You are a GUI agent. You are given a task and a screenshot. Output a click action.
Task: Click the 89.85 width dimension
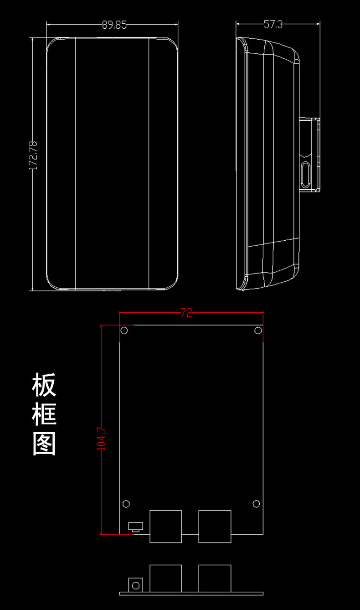click(x=114, y=25)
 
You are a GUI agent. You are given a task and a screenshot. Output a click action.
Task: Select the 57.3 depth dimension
click(x=273, y=25)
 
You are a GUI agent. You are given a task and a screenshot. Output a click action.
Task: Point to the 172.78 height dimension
click(x=33, y=155)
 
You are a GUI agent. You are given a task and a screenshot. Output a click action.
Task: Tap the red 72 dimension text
click(x=186, y=313)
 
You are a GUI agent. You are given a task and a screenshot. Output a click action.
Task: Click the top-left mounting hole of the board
click(x=125, y=331)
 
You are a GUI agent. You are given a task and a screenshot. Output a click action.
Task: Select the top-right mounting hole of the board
click(x=258, y=330)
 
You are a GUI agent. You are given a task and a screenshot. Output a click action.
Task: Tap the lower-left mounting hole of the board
click(x=126, y=503)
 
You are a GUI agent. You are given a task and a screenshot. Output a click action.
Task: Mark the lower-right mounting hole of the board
click(x=256, y=503)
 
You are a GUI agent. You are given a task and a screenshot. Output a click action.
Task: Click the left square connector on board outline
click(x=166, y=526)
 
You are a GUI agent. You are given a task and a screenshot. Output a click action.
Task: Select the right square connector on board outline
click(x=215, y=526)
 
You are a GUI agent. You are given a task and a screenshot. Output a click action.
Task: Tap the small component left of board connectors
click(x=135, y=527)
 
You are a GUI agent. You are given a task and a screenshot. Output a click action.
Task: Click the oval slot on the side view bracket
click(x=306, y=174)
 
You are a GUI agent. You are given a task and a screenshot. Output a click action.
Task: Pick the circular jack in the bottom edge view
click(x=135, y=585)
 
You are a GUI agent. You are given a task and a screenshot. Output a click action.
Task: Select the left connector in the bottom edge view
click(x=166, y=579)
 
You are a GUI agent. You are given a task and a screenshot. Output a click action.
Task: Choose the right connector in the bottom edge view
click(x=215, y=579)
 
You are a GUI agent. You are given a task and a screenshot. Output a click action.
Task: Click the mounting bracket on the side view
click(x=310, y=155)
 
